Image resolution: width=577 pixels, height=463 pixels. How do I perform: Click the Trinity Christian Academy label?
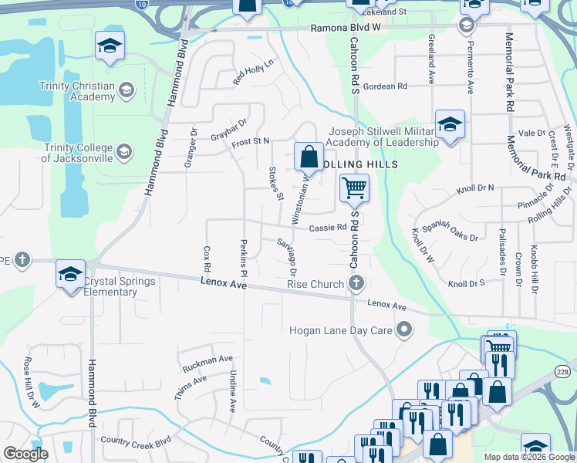click(x=79, y=91)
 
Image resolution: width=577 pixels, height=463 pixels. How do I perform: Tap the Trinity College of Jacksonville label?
click(x=77, y=153)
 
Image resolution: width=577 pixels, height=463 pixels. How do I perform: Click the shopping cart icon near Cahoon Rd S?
click(x=354, y=187)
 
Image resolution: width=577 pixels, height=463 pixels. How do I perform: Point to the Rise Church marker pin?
click(x=356, y=285)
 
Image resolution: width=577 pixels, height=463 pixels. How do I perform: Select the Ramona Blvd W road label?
click(x=346, y=28)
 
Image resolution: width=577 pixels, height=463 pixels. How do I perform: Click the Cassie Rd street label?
click(x=328, y=228)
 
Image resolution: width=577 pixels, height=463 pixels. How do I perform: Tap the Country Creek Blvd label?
click(x=136, y=441)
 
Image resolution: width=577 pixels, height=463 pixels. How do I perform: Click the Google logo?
click(x=26, y=454)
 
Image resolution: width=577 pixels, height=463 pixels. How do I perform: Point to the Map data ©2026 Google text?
click(x=529, y=457)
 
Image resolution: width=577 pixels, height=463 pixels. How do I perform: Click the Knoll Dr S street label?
click(x=466, y=284)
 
